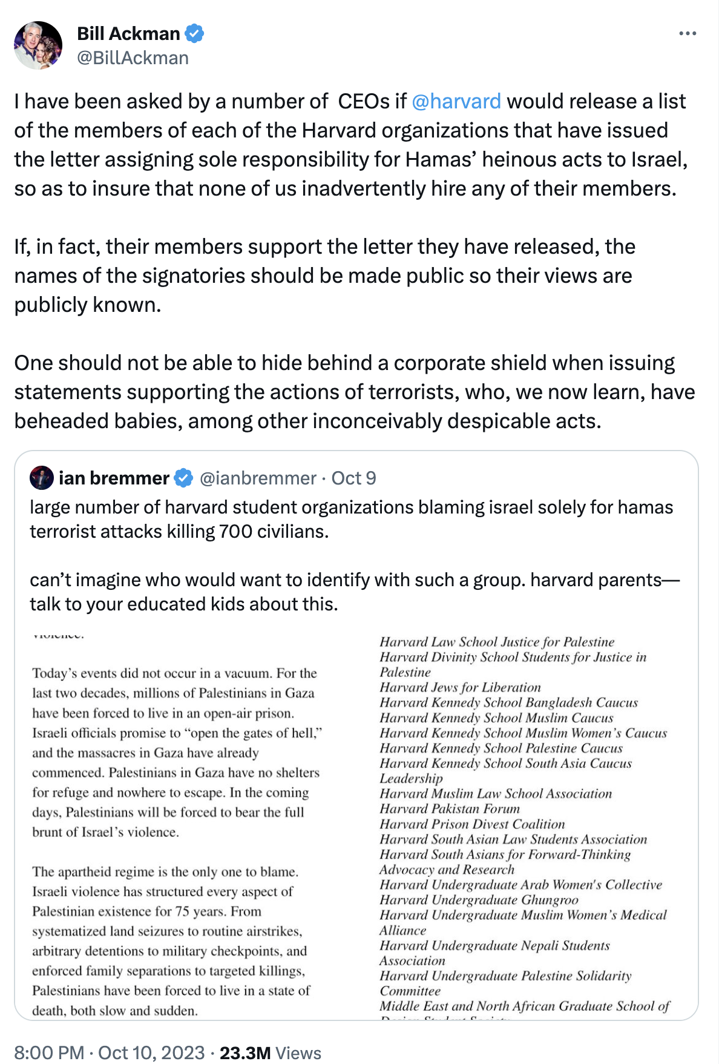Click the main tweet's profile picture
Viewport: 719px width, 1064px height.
(38, 45)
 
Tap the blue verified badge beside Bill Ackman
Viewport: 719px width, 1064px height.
(194, 34)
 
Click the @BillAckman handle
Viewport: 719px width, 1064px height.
(133, 58)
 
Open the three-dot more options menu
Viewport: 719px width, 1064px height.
(688, 34)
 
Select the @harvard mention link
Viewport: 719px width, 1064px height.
(456, 101)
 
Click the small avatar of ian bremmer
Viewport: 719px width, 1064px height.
(42, 478)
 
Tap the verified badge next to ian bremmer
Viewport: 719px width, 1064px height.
(183, 478)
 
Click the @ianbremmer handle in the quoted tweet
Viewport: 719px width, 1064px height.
(258, 478)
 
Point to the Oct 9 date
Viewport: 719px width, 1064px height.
(354, 478)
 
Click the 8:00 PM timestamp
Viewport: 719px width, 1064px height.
(48, 1052)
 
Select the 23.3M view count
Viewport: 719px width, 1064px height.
(245, 1052)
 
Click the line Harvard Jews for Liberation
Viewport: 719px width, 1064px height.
(460, 687)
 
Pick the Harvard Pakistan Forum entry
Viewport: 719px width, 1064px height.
(450, 809)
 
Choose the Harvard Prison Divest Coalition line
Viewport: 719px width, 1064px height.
(472, 824)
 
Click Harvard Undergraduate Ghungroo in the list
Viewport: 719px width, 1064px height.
(479, 900)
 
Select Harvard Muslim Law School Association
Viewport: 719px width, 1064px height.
(496, 794)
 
